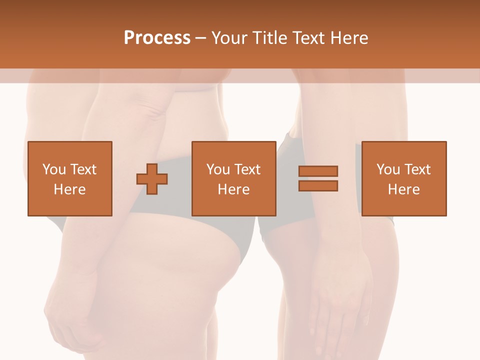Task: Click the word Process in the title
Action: point(157,37)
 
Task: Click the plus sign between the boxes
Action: point(152,178)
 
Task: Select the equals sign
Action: point(318,178)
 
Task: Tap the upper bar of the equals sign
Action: point(318,171)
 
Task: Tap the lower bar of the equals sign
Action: point(318,185)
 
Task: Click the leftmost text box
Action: point(69,178)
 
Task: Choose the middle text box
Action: point(233,178)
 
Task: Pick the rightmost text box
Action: point(403,178)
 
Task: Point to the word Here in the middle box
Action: point(233,189)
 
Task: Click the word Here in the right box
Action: point(403,189)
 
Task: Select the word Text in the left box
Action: point(83,169)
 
